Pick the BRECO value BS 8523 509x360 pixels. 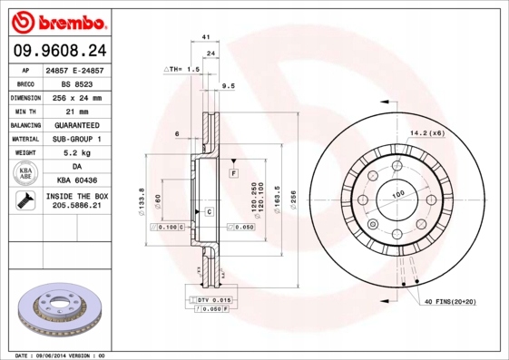tap(75, 83)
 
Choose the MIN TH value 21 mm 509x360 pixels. tap(75, 111)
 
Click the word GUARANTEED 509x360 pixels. tap(75, 125)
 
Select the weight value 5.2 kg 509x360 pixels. tap(75, 153)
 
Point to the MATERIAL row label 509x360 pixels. tap(24, 139)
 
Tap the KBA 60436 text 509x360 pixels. tap(75, 181)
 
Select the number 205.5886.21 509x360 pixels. tap(75, 208)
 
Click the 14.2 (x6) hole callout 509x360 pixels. tap(426, 133)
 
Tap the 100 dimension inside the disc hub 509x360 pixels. tap(397, 195)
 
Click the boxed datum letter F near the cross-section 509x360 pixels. tap(233, 172)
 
